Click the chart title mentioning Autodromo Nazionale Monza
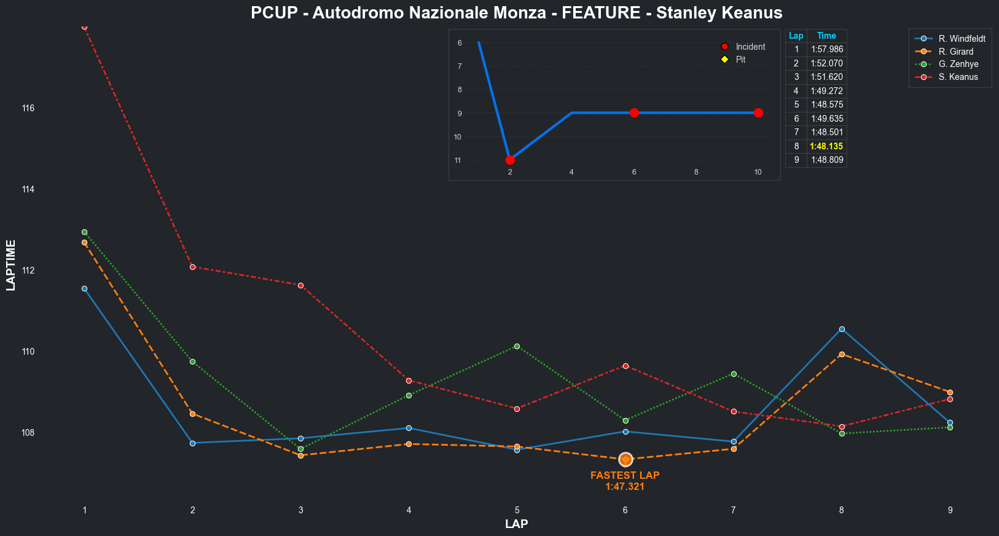pyautogui.click(x=516, y=13)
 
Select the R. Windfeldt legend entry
pyautogui.click(x=962, y=39)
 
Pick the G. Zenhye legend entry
pyautogui.click(x=958, y=64)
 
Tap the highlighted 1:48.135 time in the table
pyautogui.click(x=826, y=146)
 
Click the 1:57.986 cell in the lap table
pyautogui.click(x=826, y=49)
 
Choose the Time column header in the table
pyautogui.click(x=826, y=36)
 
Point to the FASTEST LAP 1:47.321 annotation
pyautogui.click(x=625, y=481)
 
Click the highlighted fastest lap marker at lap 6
pyautogui.click(x=625, y=459)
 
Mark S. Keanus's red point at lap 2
pyautogui.click(x=193, y=267)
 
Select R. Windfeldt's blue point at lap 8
pyautogui.click(x=842, y=329)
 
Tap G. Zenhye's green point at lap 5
pyautogui.click(x=517, y=347)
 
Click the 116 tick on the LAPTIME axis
pyautogui.click(x=28, y=108)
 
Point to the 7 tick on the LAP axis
pyautogui.click(x=734, y=510)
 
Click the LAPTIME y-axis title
pyautogui.click(x=11, y=265)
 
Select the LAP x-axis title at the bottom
pyautogui.click(x=516, y=524)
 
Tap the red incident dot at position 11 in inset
pyautogui.click(x=510, y=160)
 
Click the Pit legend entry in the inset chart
pyautogui.click(x=740, y=60)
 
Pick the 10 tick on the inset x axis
pyautogui.click(x=758, y=172)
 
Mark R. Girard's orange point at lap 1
pyautogui.click(x=85, y=243)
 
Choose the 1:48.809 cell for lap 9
pyautogui.click(x=826, y=160)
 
